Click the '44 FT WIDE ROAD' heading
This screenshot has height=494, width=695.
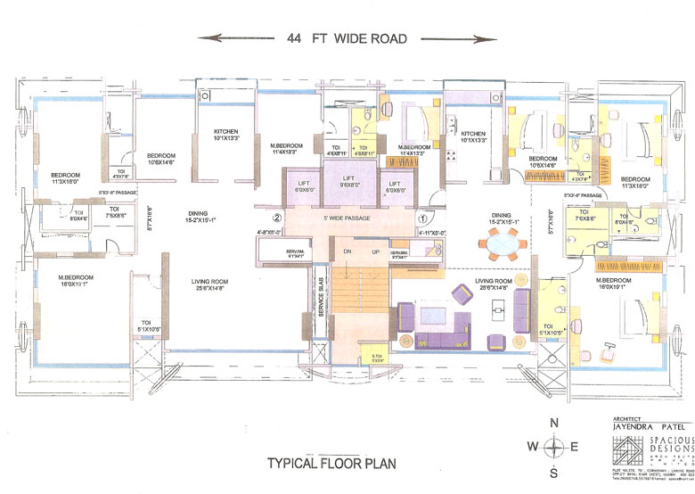pos(347,38)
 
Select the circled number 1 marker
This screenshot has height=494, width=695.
pos(424,217)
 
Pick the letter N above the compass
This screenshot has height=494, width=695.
pos(554,424)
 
